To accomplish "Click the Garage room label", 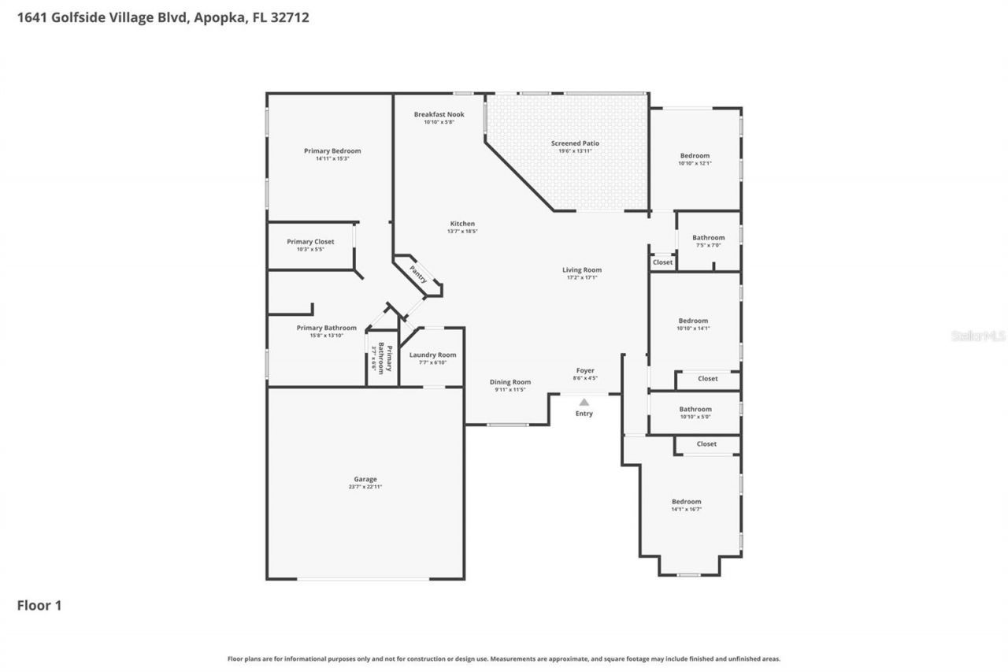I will coord(365,479).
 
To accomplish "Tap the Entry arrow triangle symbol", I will coord(584,402).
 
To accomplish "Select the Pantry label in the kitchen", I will coord(418,274).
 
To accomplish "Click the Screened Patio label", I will coord(575,143).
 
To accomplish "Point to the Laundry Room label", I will coord(432,355).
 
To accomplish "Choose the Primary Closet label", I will coord(310,242).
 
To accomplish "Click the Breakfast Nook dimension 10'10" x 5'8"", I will coord(439,122).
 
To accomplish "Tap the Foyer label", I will coord(584,370).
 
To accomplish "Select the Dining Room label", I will coord(510,382).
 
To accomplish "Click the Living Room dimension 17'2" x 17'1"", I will coord(582,277).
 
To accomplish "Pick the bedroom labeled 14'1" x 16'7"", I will coord(686,502).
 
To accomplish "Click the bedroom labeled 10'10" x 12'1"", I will coord(695,156).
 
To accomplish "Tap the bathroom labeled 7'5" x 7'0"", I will coord(708,238).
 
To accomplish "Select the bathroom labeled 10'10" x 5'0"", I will coord(695,410).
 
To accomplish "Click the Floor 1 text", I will coord(39,606).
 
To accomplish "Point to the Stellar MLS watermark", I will coord(978,336).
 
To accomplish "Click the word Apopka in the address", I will coord(213,17).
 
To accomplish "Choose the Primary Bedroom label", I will coord(332,151).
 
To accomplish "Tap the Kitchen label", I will coord(462,224).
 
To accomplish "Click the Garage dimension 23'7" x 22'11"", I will coord(365,487).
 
